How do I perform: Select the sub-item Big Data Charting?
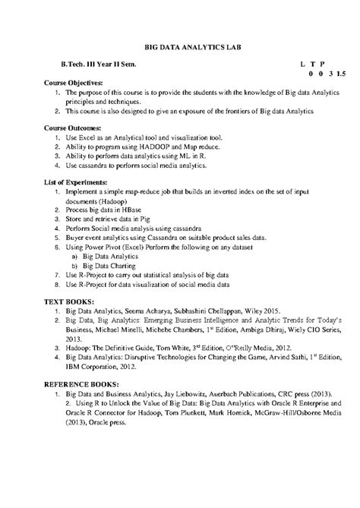[111, 266]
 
